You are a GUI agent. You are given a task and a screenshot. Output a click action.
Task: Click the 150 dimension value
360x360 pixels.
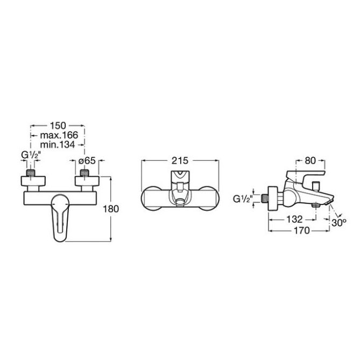tap(58, 125)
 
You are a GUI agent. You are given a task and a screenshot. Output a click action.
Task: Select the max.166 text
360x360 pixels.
tap(59, 135)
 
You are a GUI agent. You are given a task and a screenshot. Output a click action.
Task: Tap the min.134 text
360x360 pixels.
tap(58, 145)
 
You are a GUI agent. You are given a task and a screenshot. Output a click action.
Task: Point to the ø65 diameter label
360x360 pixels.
tap(87, 161)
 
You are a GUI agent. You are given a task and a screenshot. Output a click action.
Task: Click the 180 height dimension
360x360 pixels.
tap(111, 209)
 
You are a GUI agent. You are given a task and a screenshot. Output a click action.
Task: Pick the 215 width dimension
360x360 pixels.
tap(180, 161)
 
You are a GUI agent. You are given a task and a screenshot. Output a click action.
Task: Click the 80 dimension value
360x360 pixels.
tap(310, 161)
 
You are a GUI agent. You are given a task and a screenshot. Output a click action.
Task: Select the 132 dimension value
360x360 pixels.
tap(294, 220)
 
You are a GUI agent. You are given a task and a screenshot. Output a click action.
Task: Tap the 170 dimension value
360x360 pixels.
tap(302, 230)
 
